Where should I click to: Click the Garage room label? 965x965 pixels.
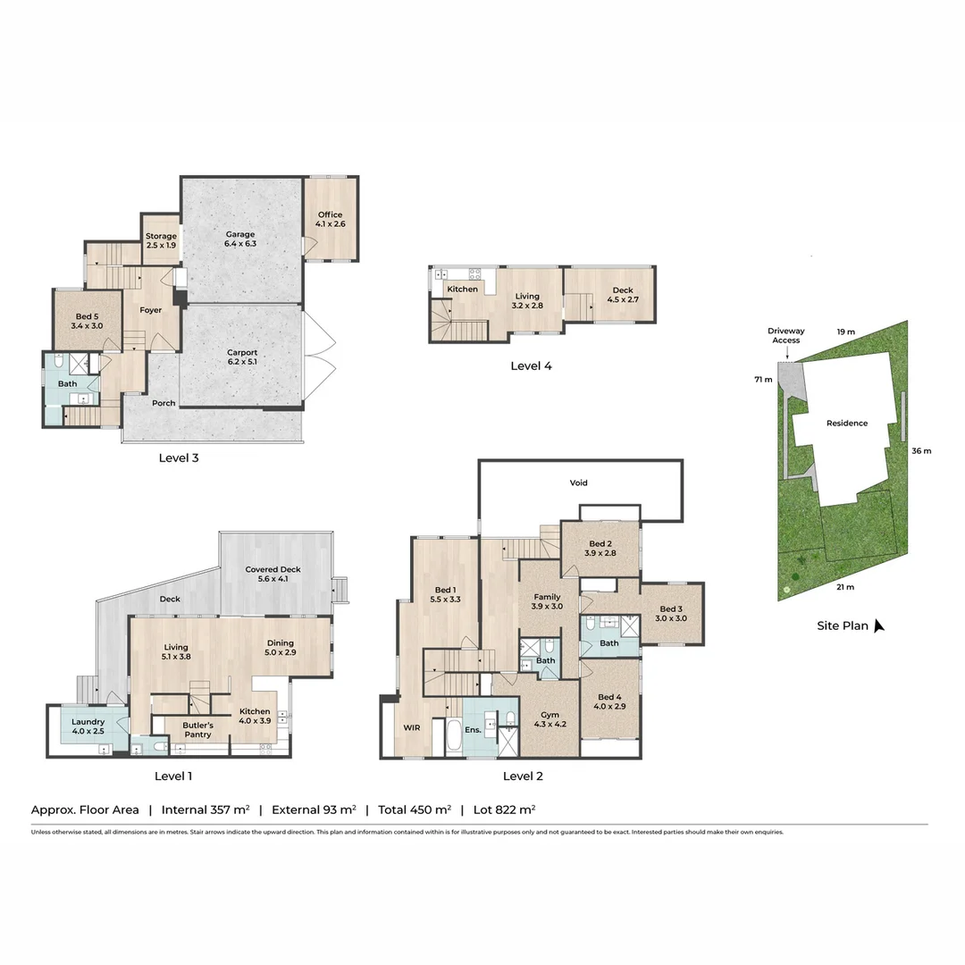239,239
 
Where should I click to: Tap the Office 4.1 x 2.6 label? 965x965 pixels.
330,220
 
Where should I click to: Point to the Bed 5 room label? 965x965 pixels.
87,322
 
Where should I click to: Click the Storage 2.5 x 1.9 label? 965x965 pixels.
162,240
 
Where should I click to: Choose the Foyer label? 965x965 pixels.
151,310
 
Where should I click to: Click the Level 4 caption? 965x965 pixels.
537,365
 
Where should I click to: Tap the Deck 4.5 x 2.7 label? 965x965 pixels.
623,296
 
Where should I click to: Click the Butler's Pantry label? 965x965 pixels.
197,729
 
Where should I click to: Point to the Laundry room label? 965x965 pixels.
88,726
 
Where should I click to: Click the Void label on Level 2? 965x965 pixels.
579,482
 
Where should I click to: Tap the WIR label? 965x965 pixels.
411,728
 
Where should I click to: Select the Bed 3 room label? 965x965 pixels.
671,614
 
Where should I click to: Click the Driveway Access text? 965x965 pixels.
785,335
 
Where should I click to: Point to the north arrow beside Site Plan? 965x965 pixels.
878,625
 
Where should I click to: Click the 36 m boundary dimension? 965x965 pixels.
920,450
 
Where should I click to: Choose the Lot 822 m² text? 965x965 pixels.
505,810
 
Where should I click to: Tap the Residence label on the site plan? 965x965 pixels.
846,424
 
